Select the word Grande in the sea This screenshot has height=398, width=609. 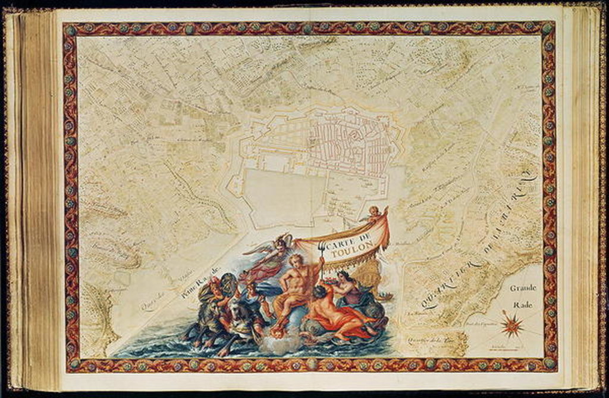pyautogui.click(x=523, y=288)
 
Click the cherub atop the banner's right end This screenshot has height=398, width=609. pyautogui.click(x=374, y=212)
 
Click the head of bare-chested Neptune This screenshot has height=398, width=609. pyautogui.click(x=296, y=261)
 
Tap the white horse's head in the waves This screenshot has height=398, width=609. pyautogui.click(x=240, y=309)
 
